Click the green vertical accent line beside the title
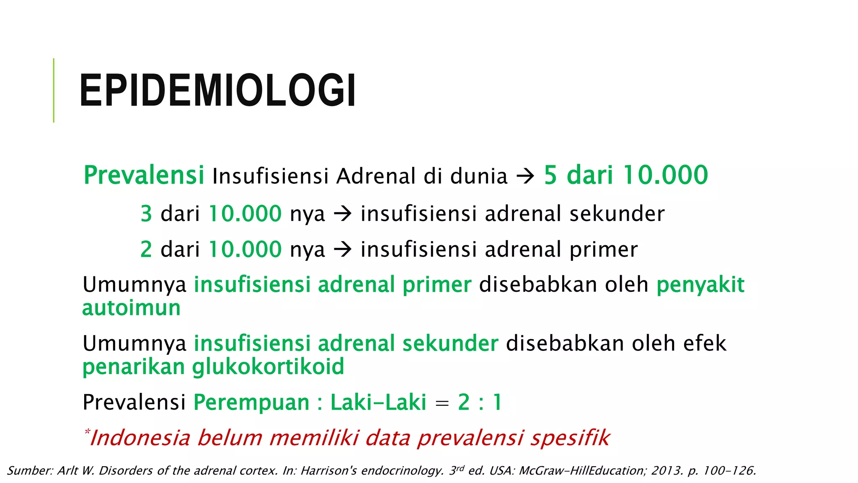tap(54, 91)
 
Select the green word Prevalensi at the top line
tap(144, 175)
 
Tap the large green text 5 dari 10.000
tap(626, 175)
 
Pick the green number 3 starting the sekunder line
tap(146, 214)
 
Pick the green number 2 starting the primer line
tap(146, 249)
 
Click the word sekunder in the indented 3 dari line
tap(617, 214)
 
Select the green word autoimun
tap(132, 308)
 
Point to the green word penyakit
tap(700, 285)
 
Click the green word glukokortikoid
tap(268, 367)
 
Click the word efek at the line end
tap(705, 344)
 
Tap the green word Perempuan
tap(251, 402)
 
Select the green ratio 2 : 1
tap(480, 402)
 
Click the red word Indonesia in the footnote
tap(140, 438)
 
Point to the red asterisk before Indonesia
tap(87, 431)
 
